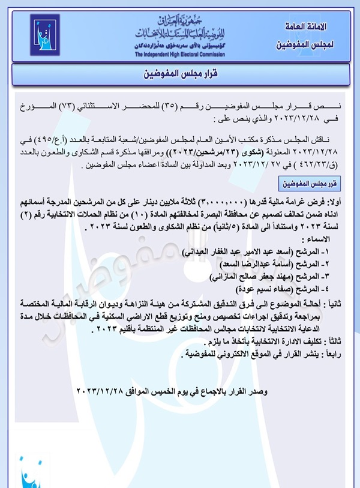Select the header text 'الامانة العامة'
pyautogui.click(x=307, y=28)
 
